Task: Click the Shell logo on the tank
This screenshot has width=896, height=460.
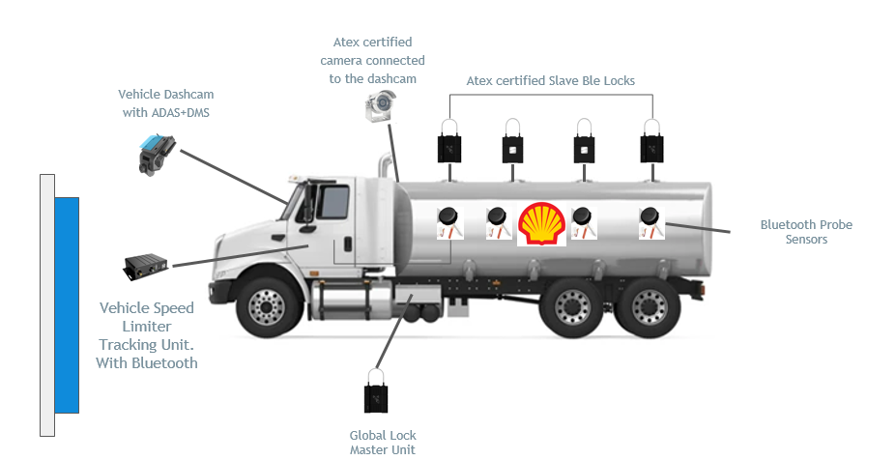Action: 541,224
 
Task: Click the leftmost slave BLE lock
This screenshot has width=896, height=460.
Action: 449,144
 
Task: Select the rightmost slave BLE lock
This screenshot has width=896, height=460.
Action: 651,144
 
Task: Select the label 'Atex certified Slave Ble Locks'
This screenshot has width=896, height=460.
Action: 551,81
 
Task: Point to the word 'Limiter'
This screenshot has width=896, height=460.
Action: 147,327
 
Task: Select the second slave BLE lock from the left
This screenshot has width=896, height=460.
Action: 512,144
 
